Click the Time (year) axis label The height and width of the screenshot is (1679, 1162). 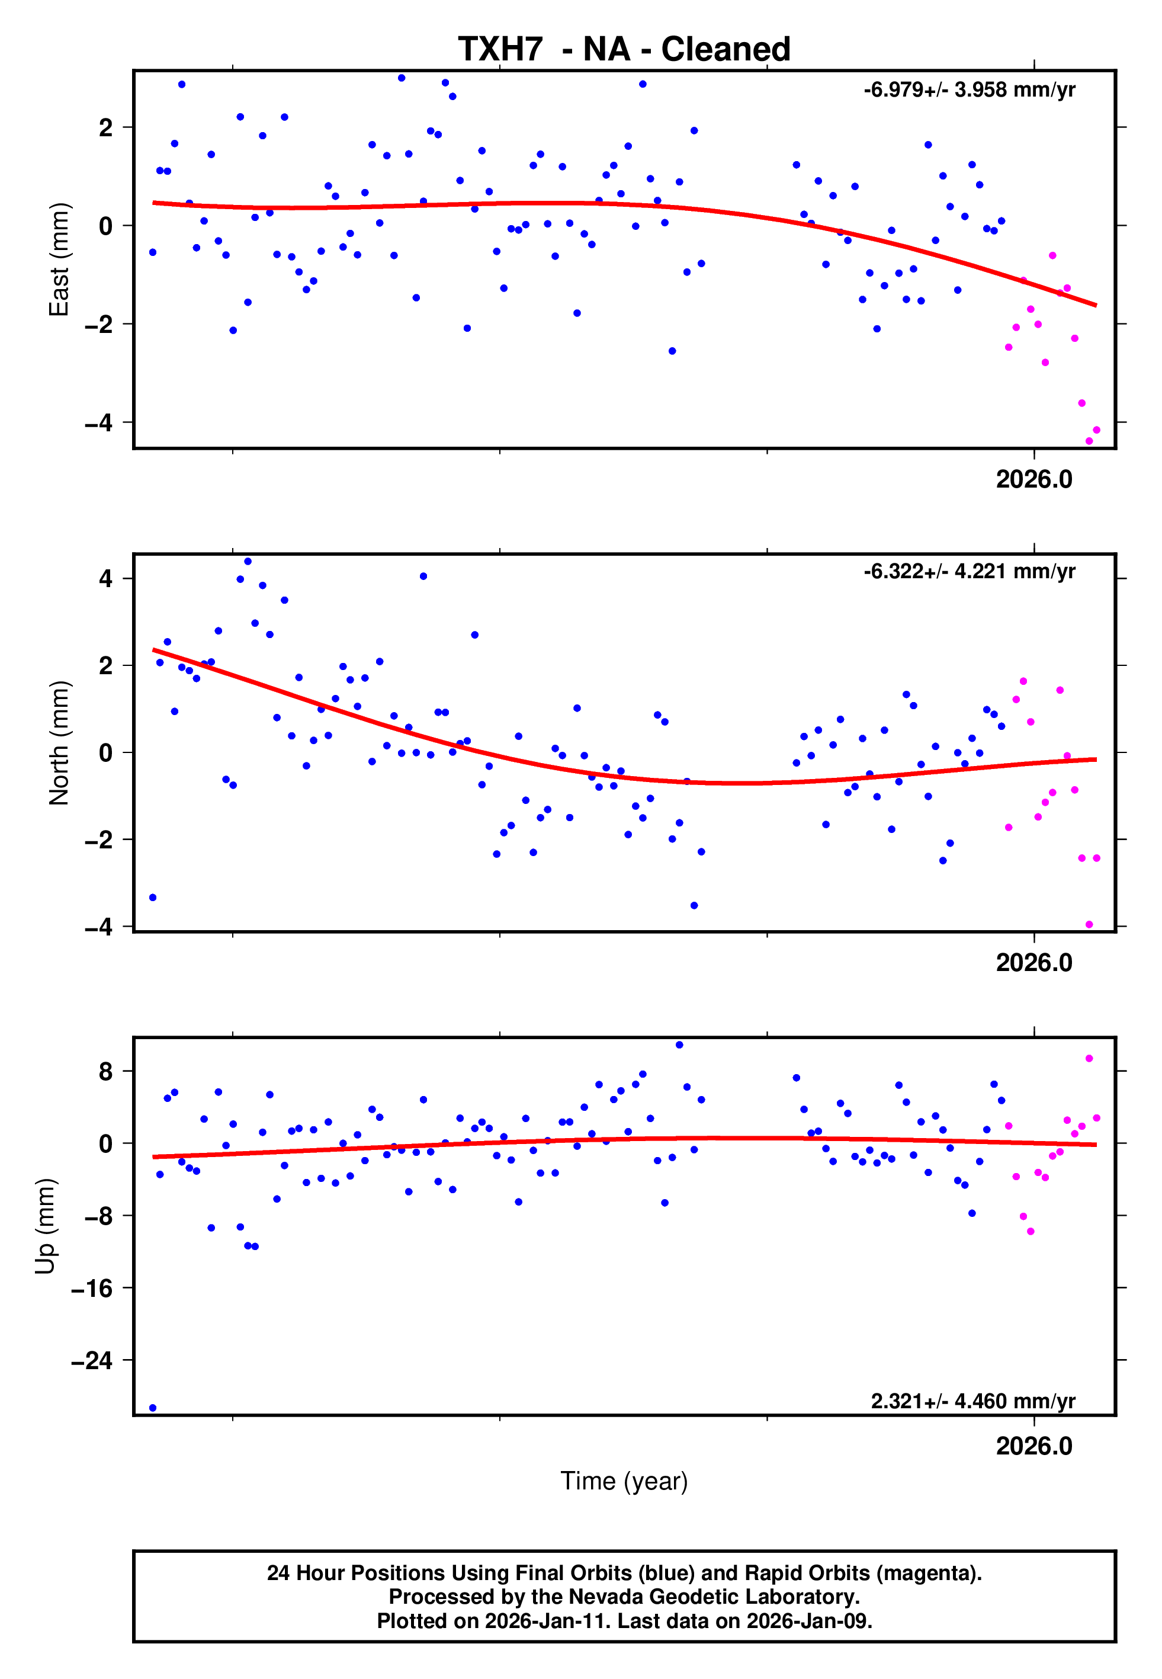(624, 1481)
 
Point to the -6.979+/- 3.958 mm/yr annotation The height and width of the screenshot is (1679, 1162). (969, 90)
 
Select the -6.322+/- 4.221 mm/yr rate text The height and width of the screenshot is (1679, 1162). (969, 572)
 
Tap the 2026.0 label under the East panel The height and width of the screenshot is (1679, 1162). (1034, 480)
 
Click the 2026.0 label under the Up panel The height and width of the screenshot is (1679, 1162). (1034, 1446)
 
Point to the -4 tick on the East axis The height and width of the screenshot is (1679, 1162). (98, 422)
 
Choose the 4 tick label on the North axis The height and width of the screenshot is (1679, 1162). (106, 579)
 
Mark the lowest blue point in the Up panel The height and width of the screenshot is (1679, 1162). (152, 1408)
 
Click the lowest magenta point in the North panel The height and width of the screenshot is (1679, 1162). (1089, 925)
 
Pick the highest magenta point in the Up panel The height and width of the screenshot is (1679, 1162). (1089, 1059)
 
